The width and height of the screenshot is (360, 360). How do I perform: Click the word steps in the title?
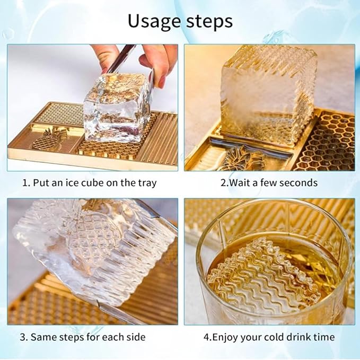[x=209, y=21]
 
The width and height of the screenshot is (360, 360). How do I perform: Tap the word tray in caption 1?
[x=147, y=183]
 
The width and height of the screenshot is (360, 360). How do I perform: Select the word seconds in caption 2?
[x=298, y=183]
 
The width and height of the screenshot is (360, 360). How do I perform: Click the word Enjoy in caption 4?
[x=225, y=338]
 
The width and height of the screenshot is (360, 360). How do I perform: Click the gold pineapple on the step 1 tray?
[x=49, y=139]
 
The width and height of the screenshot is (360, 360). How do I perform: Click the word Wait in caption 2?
[x=239, y=183]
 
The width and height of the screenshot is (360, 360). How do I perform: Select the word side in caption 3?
[x=136, y=337]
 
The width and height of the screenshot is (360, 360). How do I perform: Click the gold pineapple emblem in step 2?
[x=243, y=159]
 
